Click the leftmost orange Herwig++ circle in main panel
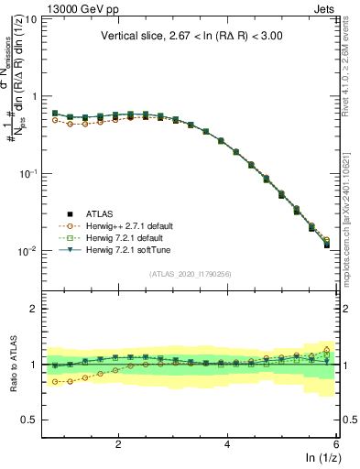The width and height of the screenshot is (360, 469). click(x=55, y=120)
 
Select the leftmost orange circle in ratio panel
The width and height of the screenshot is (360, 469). click(x=55, y=381)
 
